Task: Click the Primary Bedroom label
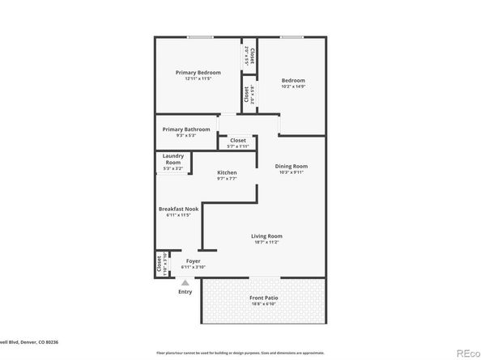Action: click(198, 73)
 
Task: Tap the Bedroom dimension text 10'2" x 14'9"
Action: click(293, 87)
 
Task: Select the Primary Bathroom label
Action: click(186, 129)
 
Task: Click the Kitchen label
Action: click(227, 173)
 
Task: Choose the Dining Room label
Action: click(292, 167)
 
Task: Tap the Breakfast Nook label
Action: click(178, 209)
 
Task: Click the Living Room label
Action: click(266, 236)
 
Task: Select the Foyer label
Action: click(194, 261)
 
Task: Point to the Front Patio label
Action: click(264, 299)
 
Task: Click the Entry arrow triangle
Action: click(185, 282)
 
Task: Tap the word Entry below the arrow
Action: click(185, 291)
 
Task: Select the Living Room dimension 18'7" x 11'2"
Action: click(266, 243)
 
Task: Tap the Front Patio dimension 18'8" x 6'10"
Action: click(264, 305)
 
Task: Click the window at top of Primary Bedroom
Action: click(200, 36)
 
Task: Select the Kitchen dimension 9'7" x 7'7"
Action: click(227, 180)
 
